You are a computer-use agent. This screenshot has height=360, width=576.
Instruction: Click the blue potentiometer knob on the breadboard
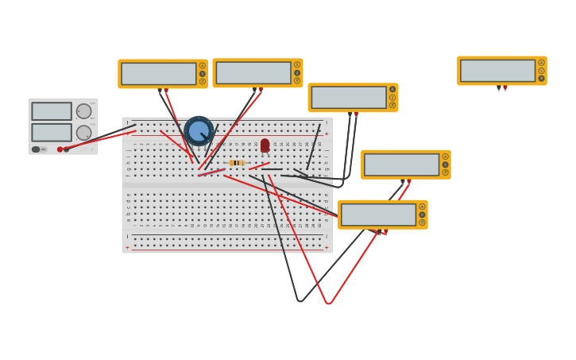(x=199, y=130)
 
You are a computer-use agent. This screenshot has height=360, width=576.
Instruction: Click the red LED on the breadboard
(x=265, y=145)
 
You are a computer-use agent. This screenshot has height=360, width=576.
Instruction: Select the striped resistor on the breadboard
(x=237, y=163)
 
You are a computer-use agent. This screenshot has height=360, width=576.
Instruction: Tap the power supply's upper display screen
(x=52, y=111)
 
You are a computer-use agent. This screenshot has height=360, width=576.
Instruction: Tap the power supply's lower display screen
(x=52, y=132)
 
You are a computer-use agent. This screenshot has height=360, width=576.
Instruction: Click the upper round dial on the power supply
(x=83, y=111)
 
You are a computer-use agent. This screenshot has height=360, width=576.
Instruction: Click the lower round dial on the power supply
(x=83, y=133)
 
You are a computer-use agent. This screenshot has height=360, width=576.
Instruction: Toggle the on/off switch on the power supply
(x=37, y=149)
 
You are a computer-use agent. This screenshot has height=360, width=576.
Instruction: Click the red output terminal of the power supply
(x=60, y=149)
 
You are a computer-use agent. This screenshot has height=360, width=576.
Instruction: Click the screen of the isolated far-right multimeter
(x=497, y=71)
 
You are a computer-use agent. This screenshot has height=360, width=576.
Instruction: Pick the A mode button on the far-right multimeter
(x=541, y=63)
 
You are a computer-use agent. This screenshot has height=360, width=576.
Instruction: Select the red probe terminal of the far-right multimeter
(x=504, y=87)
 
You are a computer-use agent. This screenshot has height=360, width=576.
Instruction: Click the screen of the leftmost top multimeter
(x=159, y=74)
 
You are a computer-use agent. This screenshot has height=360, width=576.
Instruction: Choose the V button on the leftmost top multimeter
(x=203, y=74)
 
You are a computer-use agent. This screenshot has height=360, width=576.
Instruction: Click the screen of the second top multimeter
(x=253, y=73)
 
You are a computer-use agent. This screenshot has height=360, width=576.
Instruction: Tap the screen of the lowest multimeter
(x=379, y=215)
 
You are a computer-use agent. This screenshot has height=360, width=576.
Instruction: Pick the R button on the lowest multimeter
(x=422, y=223)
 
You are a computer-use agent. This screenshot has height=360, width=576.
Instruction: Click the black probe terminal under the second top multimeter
(x=254, y=90)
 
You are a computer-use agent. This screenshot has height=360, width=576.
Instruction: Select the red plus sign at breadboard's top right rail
(x=326, y=134)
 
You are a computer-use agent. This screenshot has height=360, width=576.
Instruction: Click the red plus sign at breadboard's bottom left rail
(x=127, y=248)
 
